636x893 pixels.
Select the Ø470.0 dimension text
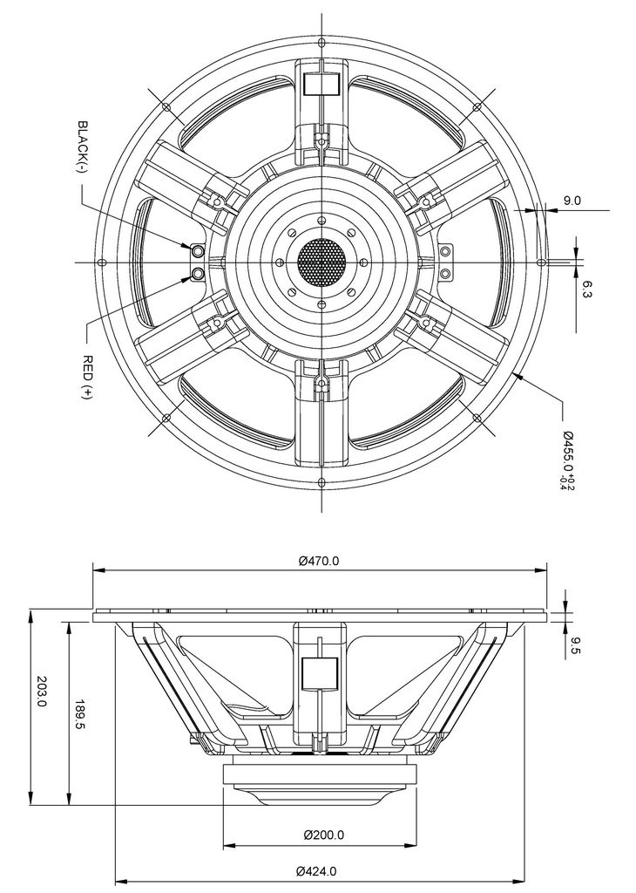pos(319,561)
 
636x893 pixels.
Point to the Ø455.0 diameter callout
pos(568,453)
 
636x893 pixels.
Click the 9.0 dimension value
pos(572,200)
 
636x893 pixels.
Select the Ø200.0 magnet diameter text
pos(324,835)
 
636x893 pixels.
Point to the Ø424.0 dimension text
pos(316,871)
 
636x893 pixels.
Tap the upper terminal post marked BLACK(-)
pos(198,250)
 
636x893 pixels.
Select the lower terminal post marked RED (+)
pos(198,275)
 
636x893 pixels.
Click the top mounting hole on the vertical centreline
pos(321,42)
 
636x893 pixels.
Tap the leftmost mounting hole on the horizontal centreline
pos(102,262)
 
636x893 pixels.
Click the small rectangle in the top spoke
pos(321,84)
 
